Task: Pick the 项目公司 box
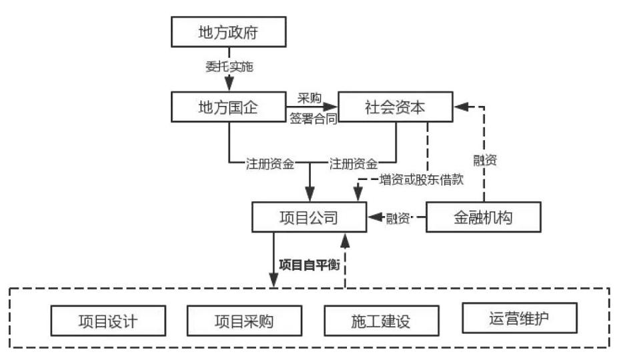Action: click(308, 217)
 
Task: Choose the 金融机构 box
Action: click(484, 217)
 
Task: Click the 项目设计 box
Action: click(107, 321)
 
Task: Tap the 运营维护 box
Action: click(519, 319)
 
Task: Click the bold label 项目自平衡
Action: click(309, 265)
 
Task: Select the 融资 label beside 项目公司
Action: click(399, 217)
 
